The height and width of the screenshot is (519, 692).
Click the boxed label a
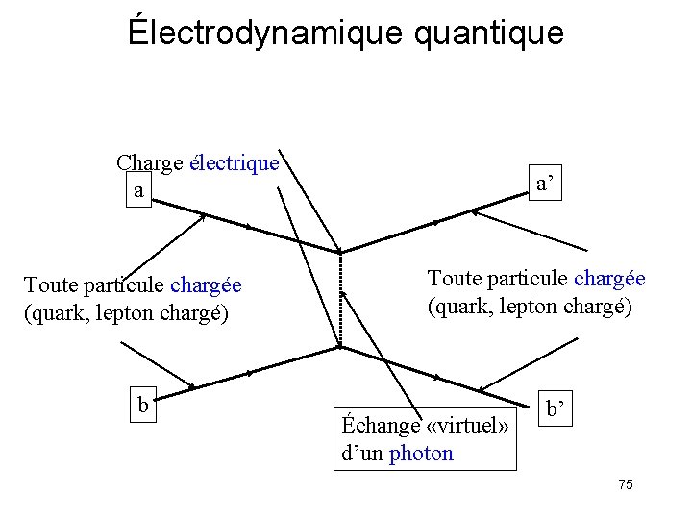pos(140,190)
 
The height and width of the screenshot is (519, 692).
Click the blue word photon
pos(421,453)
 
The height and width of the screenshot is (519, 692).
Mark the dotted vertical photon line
pos(339,299)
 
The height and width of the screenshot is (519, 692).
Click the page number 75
pos(625,484)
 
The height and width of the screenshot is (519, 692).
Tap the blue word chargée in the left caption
pos(206,285)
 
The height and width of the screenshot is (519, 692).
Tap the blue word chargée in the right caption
pos(609,279)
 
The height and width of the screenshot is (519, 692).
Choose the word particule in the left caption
pos(120,285)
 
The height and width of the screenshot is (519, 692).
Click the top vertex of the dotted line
pos(339,253)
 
